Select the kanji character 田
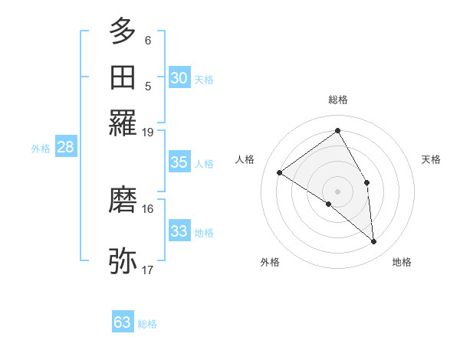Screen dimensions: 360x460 [123, 77]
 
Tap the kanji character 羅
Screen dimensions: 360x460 [123, 123]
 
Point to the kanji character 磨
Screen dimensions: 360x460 [123, 200]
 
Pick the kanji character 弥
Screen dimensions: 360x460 [123, 261]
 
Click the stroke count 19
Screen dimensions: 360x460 [148, 132]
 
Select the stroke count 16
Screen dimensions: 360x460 [148, 208]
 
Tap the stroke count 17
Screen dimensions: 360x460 [148, 270]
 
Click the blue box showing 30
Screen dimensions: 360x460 [179, 78]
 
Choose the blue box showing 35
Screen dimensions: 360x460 [179, 162]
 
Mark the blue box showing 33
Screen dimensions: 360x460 [179, 231]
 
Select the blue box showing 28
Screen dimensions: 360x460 [65, 148]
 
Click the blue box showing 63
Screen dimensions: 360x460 [123, 322]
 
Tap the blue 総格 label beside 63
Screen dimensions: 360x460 [147, 324]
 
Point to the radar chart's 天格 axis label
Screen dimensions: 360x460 [431, 159]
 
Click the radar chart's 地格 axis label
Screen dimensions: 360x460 [402, 262]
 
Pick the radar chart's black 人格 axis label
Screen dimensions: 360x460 [245, 159]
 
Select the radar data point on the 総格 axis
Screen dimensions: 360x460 [337, 130]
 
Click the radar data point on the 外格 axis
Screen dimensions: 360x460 [329, 204]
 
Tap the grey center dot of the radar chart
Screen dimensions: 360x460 [337, 190]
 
